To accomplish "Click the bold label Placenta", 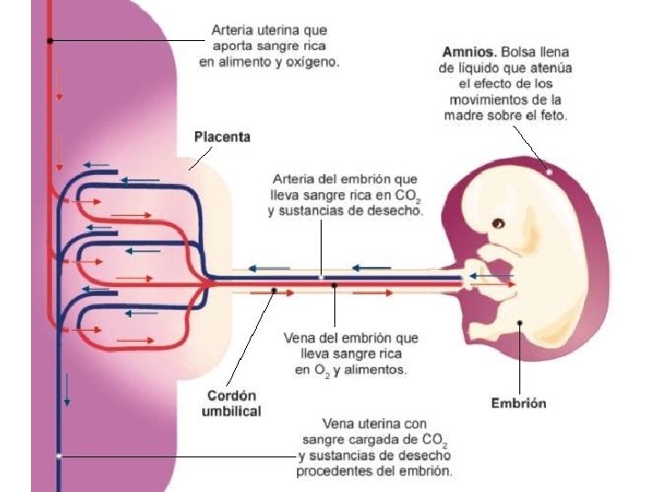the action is tap(221, 138).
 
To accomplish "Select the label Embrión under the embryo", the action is tap(518, 403).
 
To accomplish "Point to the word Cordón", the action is tap(231, 395).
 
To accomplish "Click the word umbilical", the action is tap(231, 411).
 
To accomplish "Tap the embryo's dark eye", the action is tap(498, 222).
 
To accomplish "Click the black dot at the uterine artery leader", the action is tap(50, 40).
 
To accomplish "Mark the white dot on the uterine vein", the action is tap(58, 455).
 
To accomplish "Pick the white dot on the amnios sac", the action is tap(549, 170).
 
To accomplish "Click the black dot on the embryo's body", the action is tap(520, 322).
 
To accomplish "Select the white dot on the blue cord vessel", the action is tap(321, 276).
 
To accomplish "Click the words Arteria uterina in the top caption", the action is tap(249, 29).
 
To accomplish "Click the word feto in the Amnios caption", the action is tap(552, 116).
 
